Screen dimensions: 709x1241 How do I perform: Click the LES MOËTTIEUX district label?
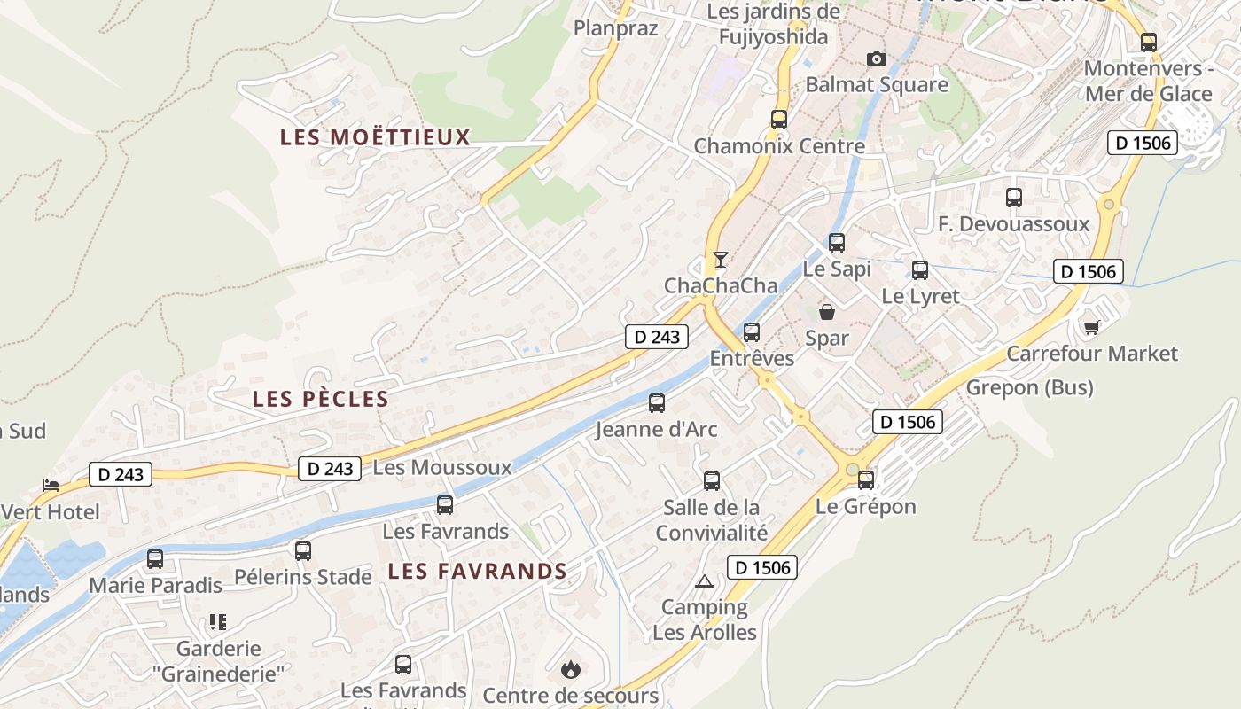[x=375, y=137]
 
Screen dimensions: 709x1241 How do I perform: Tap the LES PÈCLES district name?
[x=321, y=399]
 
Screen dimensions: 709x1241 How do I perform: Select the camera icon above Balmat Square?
[x=877, y=58]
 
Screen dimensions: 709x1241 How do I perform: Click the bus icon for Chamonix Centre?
[x=779, y=119]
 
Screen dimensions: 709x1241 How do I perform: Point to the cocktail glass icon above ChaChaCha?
[x=721, y=259]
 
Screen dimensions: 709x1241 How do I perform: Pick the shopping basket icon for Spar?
[x=826, y=312]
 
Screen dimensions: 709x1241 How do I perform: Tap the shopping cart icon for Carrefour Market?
[x=1092, y=327]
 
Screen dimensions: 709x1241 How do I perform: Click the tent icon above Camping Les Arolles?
[x=705, y=581]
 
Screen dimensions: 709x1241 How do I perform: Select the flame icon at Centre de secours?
[x=571, y=668]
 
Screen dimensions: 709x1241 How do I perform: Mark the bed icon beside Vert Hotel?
[x=51, y=486]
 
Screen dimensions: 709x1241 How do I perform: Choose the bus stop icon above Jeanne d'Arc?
[x=657, y=403]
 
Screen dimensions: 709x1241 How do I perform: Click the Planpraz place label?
[x=616, y=27]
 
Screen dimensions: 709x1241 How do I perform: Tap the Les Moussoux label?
[x=442, y=467]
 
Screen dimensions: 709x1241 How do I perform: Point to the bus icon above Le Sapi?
[x=837, y=242]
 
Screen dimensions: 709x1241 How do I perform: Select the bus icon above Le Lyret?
[x=920, y=270]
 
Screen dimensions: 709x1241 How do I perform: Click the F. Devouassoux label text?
[x=1013, y=224]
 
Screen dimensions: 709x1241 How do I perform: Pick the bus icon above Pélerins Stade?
[x=303, y=551]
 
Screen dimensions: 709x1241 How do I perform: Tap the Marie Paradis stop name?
[x=155, y=586]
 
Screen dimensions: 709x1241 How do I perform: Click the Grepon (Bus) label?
[x=1029, y=387]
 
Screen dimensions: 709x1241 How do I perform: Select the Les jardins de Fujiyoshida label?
[x=774, y=24]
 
